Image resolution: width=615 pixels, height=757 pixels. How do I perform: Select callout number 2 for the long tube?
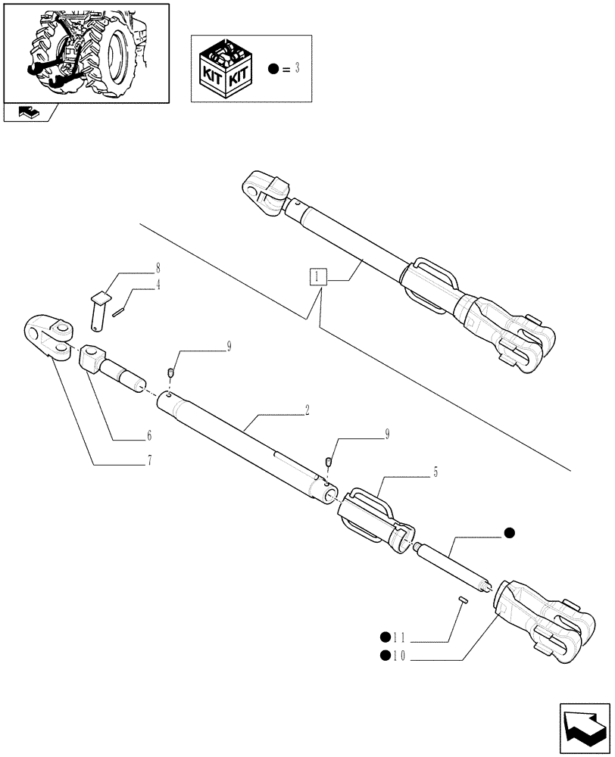tap(307, 411)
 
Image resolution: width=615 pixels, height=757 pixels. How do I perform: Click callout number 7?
tap(149, 460)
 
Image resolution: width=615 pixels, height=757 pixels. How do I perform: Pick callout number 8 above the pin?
tap(158, 268)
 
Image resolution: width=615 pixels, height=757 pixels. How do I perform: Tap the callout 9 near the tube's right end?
tap(387, 434)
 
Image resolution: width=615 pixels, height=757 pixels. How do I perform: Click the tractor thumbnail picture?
tap(86, 52)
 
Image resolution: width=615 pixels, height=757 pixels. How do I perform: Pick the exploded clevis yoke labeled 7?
tap(51, 336)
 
